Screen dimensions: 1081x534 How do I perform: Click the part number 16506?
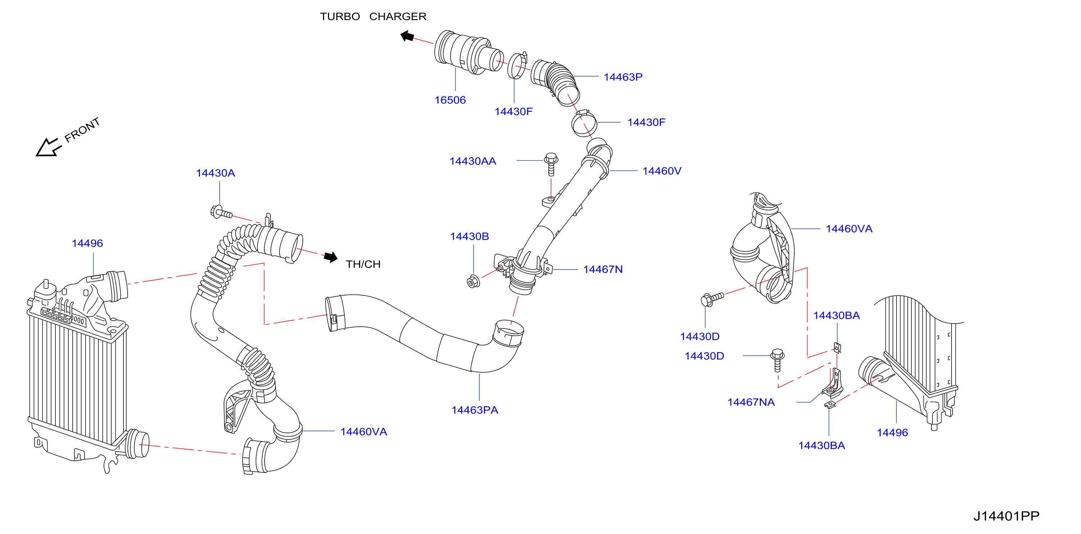(x=450, y=100)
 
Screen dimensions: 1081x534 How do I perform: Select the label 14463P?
(x=623, y=77)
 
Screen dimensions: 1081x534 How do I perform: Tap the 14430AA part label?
(x=473, y=161)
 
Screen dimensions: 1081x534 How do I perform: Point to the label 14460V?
(x=662, y=171)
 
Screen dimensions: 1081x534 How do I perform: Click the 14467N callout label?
(x=603, y=269)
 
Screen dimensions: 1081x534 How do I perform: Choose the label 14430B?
(x=469, y=236)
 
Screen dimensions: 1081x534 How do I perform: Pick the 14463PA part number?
(x=475, y=410)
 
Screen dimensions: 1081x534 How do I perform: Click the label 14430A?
(x=215, y=173)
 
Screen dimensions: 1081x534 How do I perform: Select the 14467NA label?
(x=751, y=402)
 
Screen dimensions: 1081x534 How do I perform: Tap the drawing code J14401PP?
(x=1006, y=516)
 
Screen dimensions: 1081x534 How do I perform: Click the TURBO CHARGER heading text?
(x=373, y=17)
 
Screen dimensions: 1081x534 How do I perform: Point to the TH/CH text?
(x=363, y=264)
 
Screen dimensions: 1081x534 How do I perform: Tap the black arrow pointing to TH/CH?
(x=331, y=257)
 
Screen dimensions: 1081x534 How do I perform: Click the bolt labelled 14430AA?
(x=551, y=164)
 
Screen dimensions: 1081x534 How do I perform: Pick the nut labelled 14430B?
(x=473, y=281)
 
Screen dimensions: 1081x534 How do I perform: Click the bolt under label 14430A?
(x=221, y=212)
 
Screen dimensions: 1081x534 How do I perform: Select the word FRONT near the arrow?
(x=82, y=130)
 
